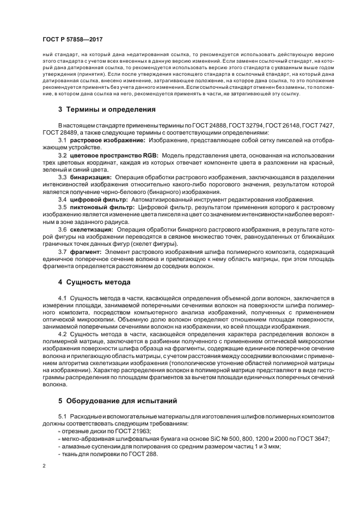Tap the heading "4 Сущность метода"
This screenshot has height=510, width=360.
pyautogui.click(x=94, y=283)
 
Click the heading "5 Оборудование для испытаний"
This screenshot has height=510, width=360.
pyautogui.click(x=117, y=401)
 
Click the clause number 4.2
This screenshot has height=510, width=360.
pyautogui.click(x=62, y=333)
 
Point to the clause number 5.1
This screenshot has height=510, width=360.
pyautogui.click(x=62, y=417)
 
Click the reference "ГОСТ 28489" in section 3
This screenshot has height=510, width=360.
pyautogui.click(x=60, y=132)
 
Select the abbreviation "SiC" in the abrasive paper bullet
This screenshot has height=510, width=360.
pyautogui.click(x=203, y=439)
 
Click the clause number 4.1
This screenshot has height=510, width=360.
pyautogui.click(x=62, y=297)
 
